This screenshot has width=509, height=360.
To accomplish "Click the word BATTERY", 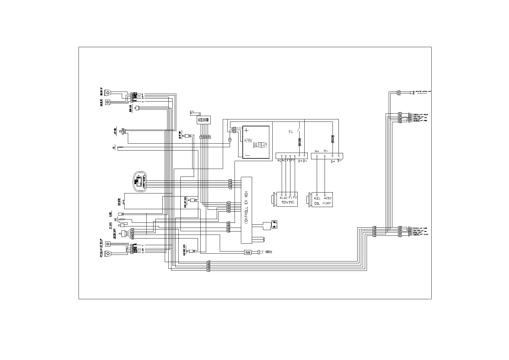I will coord(260,145).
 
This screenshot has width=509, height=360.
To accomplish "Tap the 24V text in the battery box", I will coord(248,141).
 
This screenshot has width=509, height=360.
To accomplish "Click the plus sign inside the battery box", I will coord(247,131).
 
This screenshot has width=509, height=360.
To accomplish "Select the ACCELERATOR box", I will coord(204,120).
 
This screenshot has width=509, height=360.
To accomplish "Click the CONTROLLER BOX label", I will coord(246,207).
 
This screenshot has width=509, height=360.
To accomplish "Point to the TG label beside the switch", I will coord(290,132).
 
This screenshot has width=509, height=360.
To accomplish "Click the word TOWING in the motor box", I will coord(287,202).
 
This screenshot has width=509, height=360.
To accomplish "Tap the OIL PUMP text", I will coord(323,203).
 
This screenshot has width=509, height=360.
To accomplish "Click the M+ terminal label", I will coord(316,151).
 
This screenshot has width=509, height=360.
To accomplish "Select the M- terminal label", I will coord(326,151).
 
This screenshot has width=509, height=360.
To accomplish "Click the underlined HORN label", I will coord(268,252).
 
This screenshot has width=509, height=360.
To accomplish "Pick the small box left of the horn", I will coord(248,252).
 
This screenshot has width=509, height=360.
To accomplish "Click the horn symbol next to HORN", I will coord(261,252).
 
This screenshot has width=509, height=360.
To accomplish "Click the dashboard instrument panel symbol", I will coord(140,181).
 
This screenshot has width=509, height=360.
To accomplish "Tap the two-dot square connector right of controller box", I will coord(274,224).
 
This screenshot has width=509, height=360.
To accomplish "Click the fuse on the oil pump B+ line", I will coord(333,139).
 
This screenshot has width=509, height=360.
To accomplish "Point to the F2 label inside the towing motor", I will coord(295,198).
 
